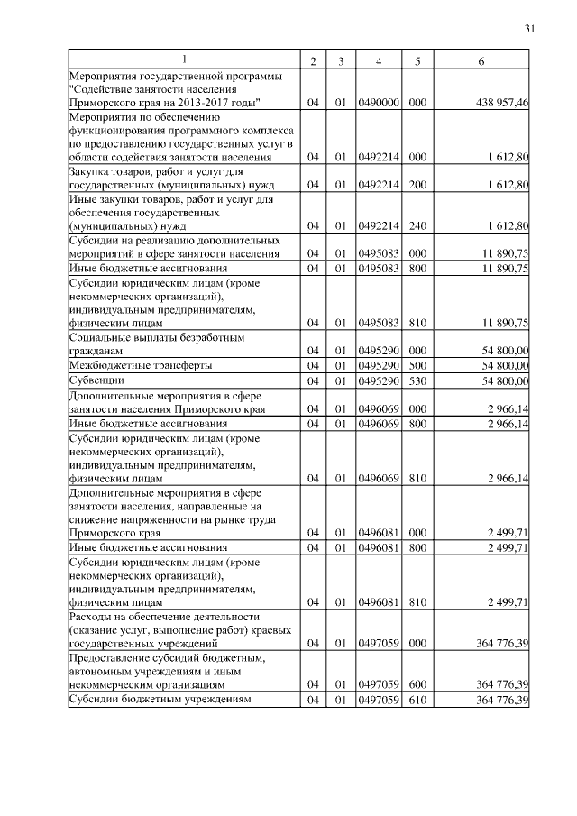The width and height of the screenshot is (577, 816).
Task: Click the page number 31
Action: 529,29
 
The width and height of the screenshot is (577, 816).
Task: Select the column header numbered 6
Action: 481,60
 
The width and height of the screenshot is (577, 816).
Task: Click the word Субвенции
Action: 96,381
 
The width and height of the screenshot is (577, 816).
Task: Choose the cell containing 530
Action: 417,381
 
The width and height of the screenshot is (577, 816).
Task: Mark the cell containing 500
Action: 417,365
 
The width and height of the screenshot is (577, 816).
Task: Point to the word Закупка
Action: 93,170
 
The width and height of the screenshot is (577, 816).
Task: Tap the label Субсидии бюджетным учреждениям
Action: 159,700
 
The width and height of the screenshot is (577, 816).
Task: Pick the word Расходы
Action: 94,616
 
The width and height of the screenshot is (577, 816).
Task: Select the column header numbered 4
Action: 379,60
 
